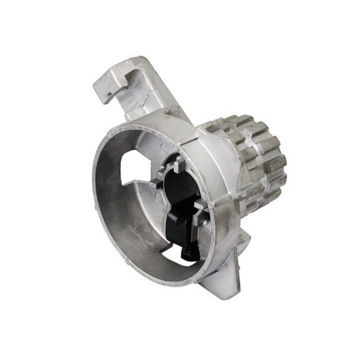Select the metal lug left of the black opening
pyautogui.click(x=155, y=184)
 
